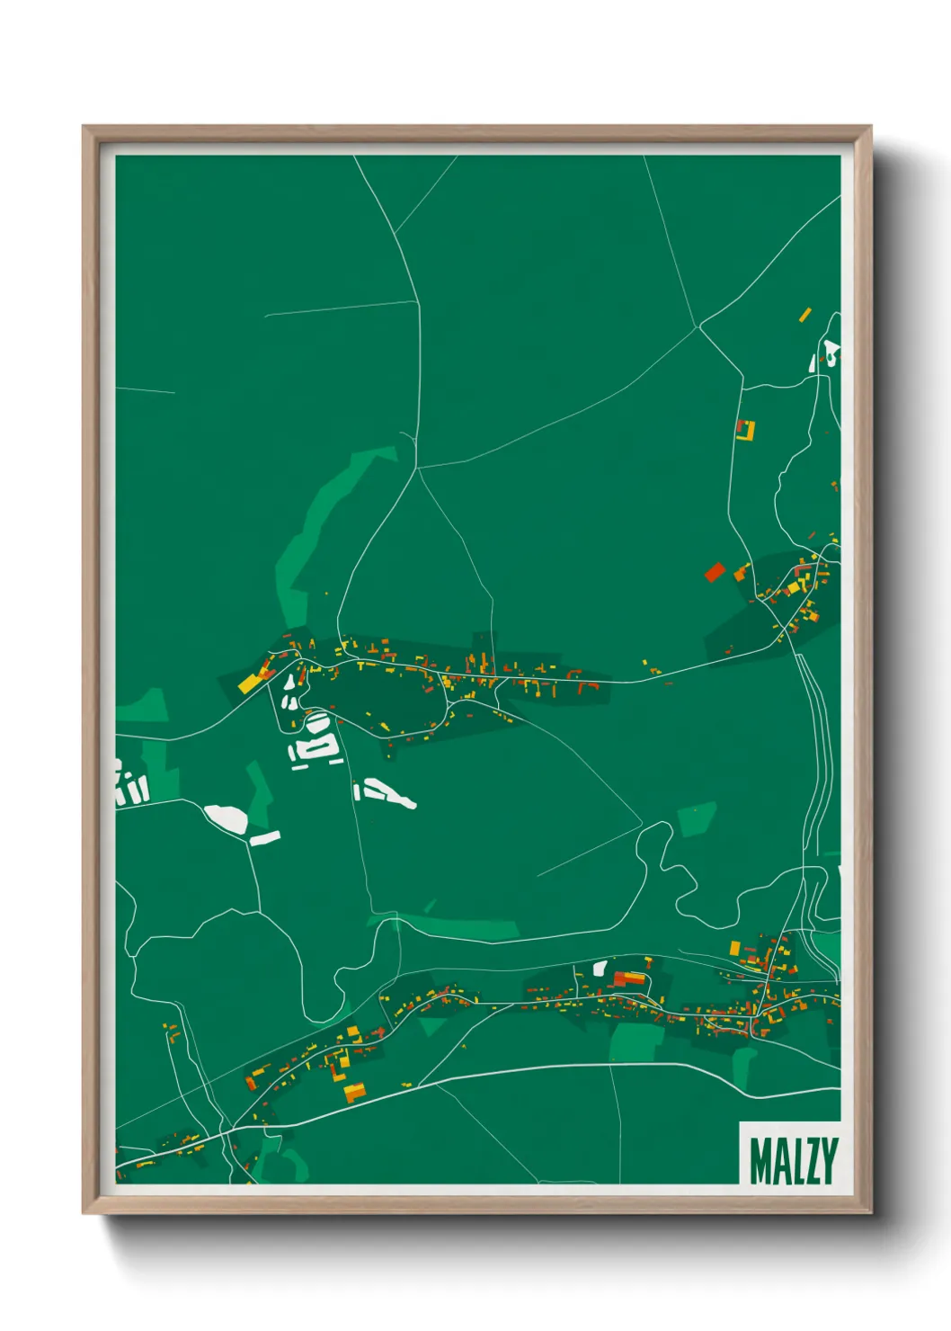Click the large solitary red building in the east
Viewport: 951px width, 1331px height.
click(715, 572)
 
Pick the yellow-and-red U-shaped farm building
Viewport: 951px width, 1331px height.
click(745, 430)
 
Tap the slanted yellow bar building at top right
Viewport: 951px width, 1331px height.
click(805, 315)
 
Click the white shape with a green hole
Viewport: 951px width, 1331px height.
click(831, 353)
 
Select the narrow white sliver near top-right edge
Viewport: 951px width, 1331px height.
click(813, 363)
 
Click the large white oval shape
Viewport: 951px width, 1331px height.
click(226, 818)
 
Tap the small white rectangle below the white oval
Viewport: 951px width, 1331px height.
click(265, 838)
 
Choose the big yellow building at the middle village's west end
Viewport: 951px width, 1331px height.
click(249, 683)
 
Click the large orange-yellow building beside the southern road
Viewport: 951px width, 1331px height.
click(355, 1093)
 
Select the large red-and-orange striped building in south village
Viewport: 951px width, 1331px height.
click(629, 978)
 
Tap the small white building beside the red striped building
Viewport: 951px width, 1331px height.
click(600, 968)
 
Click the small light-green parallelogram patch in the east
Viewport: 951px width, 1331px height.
click(697, 818)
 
